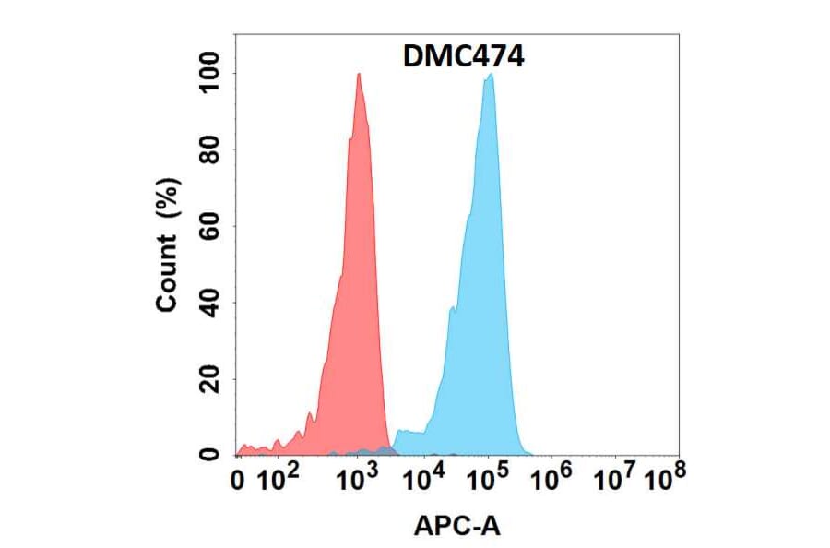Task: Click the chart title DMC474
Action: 464,57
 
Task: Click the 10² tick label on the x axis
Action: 279,478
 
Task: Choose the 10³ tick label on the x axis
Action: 358,478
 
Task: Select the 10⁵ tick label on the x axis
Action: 488,478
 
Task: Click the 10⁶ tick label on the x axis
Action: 551,478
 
